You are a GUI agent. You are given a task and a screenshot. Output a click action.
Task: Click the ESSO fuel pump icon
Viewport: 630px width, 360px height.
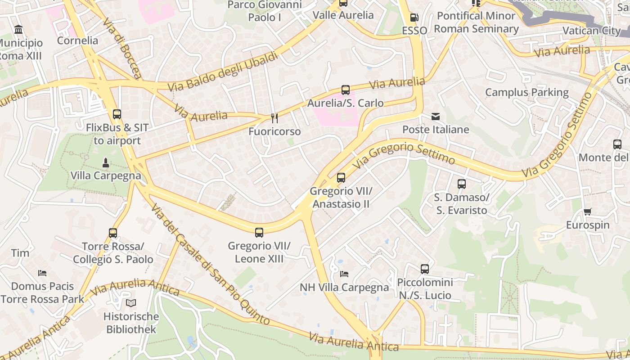[x=414, y=18]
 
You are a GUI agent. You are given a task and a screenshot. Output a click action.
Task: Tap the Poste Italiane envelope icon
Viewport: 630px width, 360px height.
[x=436, y=117]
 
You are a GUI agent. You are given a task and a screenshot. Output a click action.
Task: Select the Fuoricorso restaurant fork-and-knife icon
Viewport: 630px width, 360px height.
[x=274, y=118]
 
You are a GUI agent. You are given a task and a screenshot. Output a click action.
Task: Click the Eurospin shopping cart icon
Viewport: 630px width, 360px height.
[x=587, y=211]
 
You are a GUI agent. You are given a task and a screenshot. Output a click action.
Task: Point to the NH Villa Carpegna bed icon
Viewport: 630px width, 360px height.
[x=344, y=274]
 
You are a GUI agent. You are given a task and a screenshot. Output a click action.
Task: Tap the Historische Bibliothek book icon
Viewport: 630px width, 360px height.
[x=130, y=303]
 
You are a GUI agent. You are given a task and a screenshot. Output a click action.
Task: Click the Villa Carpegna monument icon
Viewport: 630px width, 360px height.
[x=106, y=162]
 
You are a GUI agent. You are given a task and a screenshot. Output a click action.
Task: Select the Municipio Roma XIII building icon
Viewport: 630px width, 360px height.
[x=19, y=30]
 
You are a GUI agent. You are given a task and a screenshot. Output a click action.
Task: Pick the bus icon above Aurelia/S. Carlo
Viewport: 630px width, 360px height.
[x=345, y=90]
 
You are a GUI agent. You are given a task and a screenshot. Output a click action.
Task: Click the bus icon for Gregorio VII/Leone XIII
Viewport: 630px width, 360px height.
[x=259, y=233]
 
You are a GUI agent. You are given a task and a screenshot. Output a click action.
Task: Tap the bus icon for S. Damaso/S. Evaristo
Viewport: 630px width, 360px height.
[x=462, y=184]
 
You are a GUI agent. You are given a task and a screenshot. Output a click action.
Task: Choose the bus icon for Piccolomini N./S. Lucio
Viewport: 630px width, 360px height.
[x=425, y=269]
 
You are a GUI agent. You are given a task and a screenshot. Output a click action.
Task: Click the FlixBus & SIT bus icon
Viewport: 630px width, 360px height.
[x=117, y=114]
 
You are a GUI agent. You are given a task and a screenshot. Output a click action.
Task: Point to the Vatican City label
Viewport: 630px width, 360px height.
[x=592, y=31]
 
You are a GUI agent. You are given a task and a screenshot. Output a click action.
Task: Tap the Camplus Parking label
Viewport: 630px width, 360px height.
[x=526, y=92]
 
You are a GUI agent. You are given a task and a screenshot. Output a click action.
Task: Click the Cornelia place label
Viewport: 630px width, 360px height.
[x=77, y=40]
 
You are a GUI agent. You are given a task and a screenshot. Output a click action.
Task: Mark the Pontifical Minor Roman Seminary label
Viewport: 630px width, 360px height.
[x=476, y=22]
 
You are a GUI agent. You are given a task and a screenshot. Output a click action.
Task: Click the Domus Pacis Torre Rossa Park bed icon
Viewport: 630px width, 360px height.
[x=42, y=273]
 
